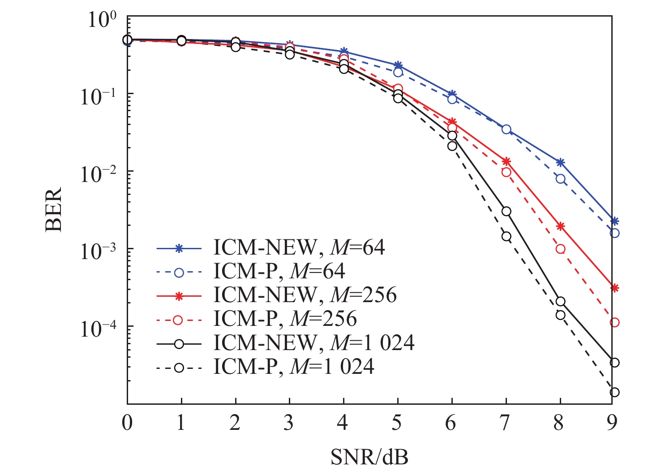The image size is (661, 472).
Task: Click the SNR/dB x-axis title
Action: tap(369, 457)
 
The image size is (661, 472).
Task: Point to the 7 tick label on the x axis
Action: tap(505, 423)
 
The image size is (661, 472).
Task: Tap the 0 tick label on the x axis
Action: tap(127, 423)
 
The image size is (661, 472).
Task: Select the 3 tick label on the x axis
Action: tap(289, 423)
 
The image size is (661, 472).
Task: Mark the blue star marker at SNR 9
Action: tap(614, 221)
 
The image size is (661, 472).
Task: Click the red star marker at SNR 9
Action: tap(614, 288)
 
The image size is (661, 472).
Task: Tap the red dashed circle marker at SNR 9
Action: tap(614, 322)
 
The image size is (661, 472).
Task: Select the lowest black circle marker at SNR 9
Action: tap(614, 392)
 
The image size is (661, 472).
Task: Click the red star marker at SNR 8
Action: tap(560, 226)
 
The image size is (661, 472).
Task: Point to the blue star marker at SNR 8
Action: tap(560, 162)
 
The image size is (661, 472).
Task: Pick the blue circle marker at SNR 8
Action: tap(560, 179)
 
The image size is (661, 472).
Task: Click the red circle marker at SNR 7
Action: tap(506, 172)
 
